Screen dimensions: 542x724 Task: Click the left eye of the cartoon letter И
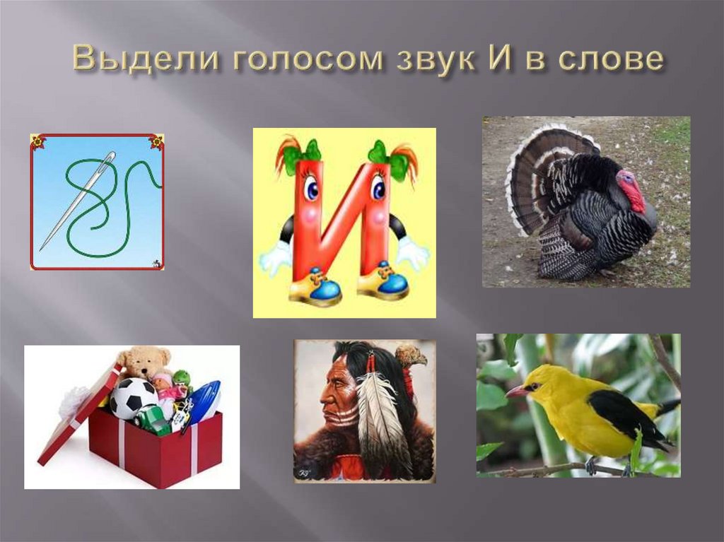click(310, 189)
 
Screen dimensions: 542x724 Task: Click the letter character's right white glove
click(412, 252)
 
